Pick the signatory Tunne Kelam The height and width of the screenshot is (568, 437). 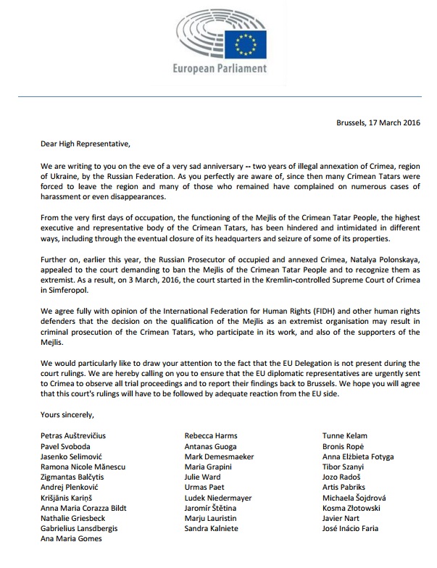coord(345,436)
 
